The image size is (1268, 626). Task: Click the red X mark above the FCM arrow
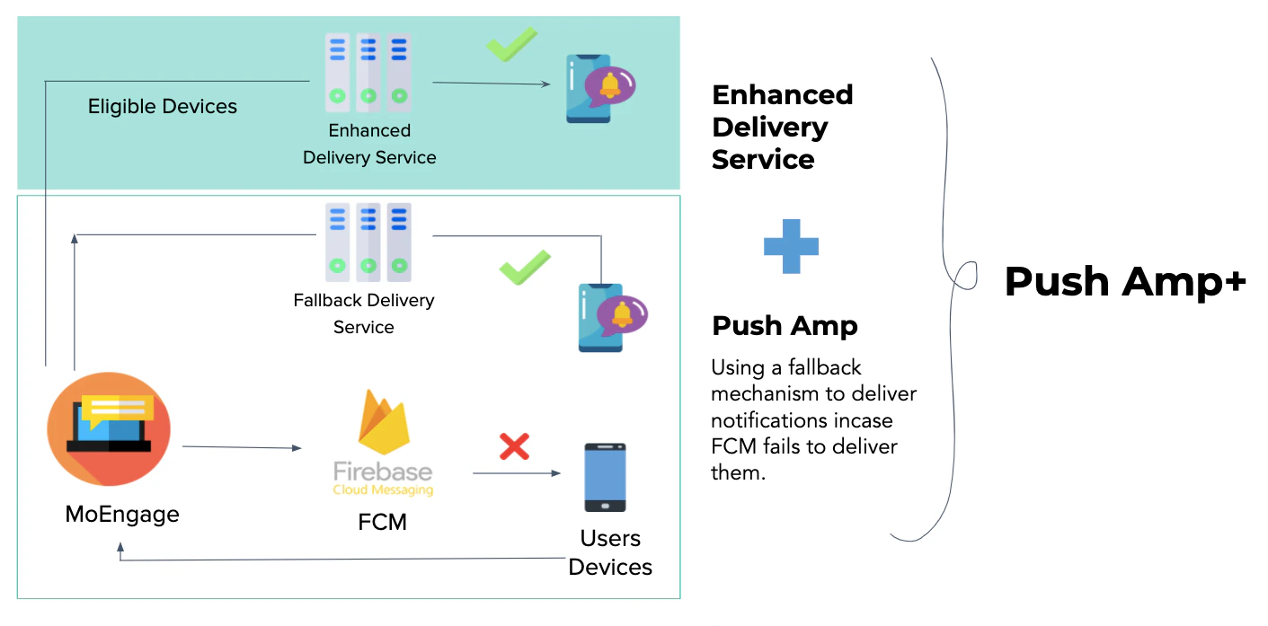514,446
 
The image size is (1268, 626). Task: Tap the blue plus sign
791,246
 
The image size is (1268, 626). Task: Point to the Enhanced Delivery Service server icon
368,72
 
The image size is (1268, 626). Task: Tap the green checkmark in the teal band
512,44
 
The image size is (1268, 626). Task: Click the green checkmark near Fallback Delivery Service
525,268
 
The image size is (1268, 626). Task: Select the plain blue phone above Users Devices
605,477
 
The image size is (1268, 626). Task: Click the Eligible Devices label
163,107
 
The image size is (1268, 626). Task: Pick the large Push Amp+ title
1125,281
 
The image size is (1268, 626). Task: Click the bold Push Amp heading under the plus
785,326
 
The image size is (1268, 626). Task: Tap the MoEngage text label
122,515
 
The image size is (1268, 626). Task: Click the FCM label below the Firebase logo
383,521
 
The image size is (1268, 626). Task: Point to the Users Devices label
610,552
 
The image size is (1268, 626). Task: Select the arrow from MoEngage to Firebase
242,446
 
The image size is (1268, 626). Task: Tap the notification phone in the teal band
594,88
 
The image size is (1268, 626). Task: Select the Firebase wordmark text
383,472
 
